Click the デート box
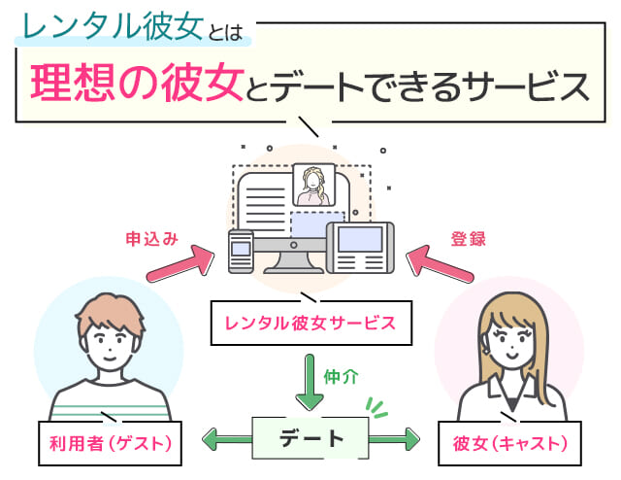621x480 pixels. (x=310, y=438)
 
